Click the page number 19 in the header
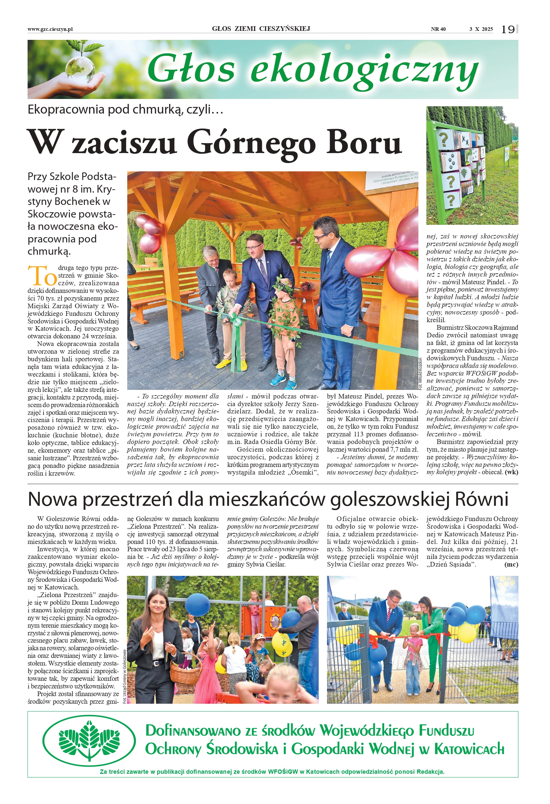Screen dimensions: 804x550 (x=508, y=30)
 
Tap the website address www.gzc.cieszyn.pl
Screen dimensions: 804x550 (x=50, y=30)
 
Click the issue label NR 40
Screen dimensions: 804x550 (x=438, y=30)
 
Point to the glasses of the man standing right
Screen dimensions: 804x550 (x=322, y=238)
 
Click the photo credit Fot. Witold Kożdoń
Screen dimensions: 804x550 (x=420, y=374)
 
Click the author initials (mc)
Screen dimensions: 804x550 (x=511, y=565)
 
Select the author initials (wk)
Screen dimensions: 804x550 (x=511, y=472)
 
